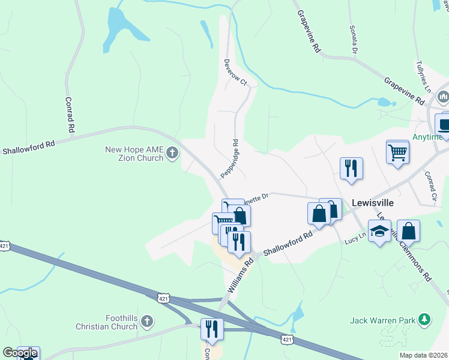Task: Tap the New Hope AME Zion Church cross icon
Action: click(x=172, y=153)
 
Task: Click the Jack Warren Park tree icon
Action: click(x=425, y=320)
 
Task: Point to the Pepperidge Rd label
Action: click(x=230, y=159)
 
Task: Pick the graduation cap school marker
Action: click(x=379, y=232)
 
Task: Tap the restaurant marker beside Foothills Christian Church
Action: click(x=212, y=328)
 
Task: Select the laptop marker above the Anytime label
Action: click(x=443, y=124)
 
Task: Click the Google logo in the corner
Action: click(x=20, y=353)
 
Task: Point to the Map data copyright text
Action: click(x=423, y=355)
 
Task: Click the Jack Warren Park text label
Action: click(x=383, y=320)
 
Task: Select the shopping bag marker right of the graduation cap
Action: click(x=408, y=230)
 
